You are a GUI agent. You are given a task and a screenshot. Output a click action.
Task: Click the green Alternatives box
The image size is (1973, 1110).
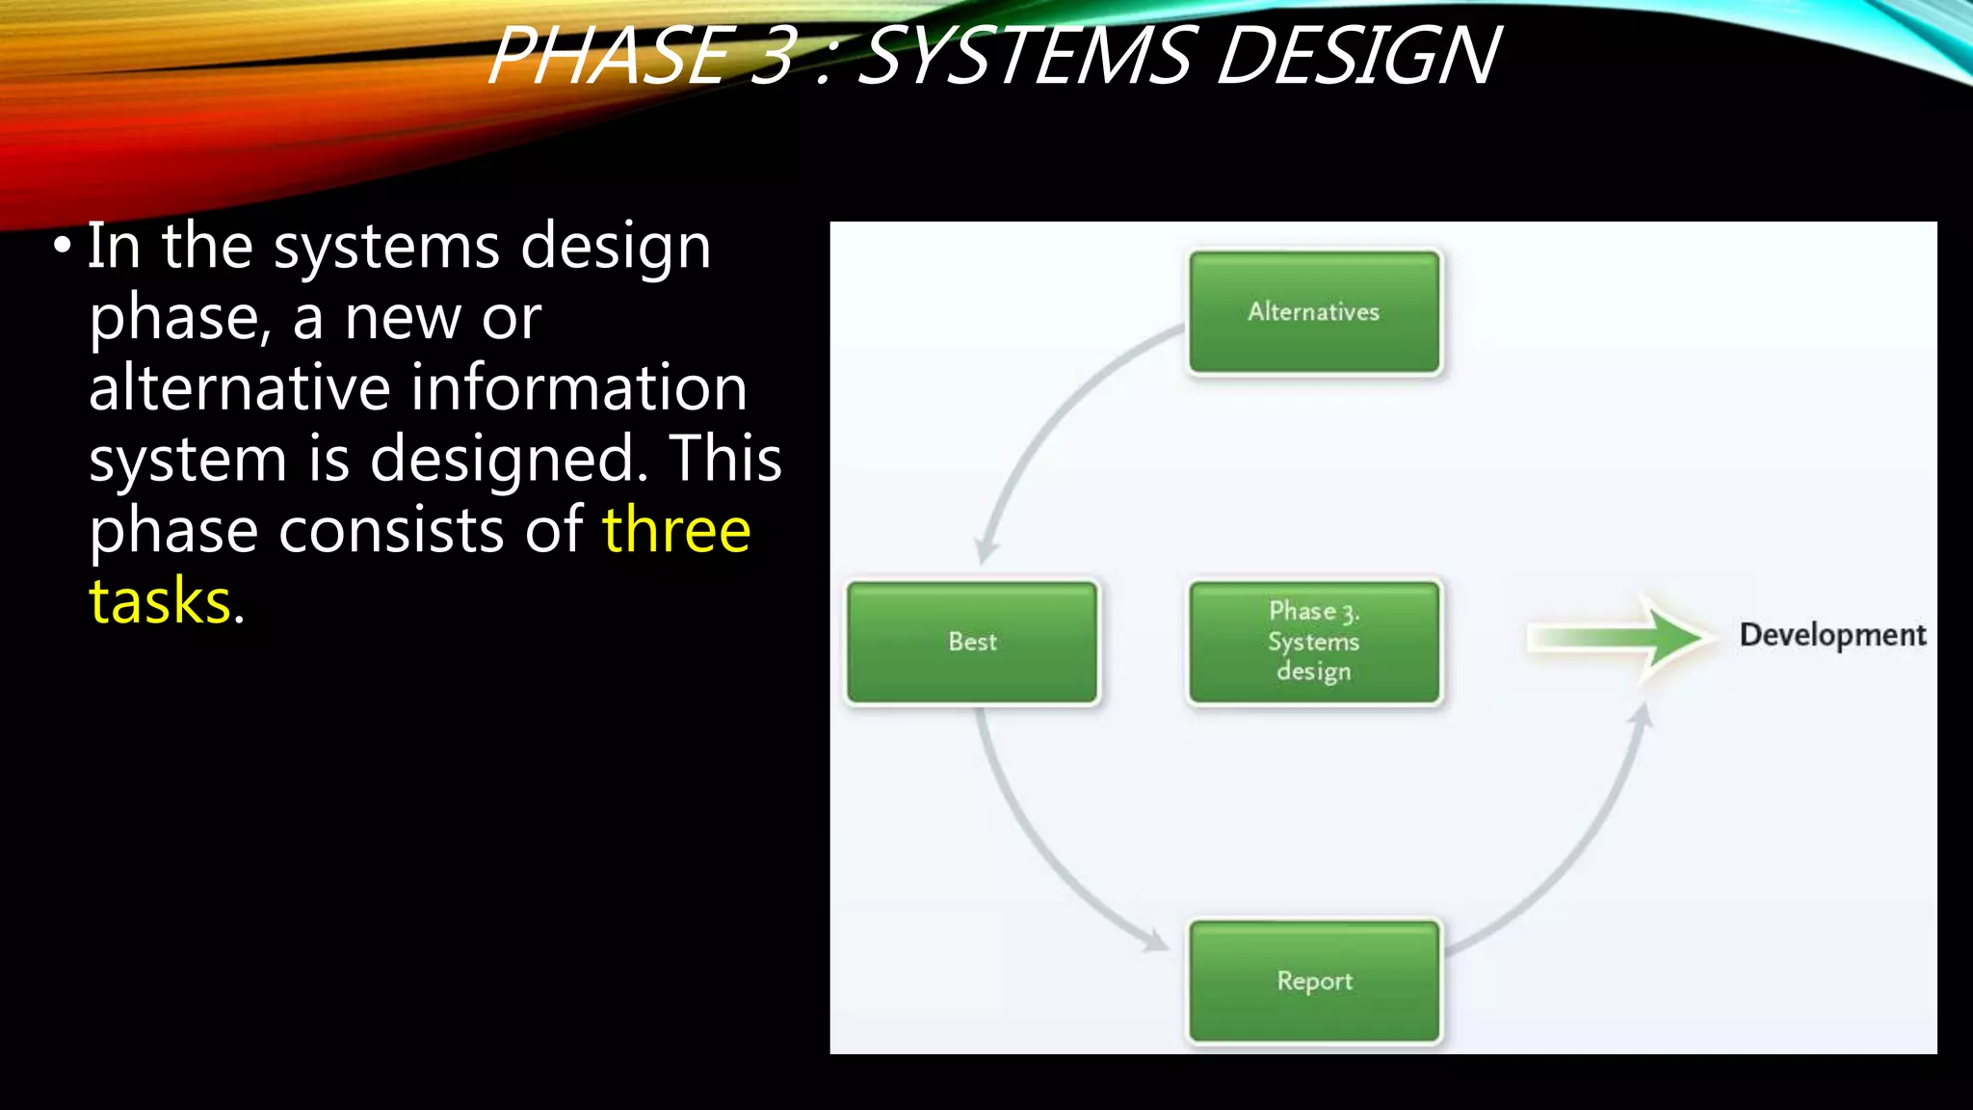(1314, 312)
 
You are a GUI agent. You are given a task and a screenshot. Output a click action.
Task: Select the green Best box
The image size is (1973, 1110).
(972, 642)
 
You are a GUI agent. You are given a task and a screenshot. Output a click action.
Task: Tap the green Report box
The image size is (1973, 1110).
(1314, 981)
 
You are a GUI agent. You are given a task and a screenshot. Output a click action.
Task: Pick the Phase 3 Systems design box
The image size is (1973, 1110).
(1314, 642)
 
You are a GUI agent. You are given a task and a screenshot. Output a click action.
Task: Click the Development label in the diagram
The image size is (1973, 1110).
(1832, 635)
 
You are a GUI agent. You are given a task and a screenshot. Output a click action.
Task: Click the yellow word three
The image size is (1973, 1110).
(676, 530)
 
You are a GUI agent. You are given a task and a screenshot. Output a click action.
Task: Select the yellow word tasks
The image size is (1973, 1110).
(160, 601)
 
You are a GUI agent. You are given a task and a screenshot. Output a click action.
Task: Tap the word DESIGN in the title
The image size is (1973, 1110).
(1358, 56)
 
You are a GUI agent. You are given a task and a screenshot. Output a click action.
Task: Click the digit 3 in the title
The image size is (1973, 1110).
(773, 56)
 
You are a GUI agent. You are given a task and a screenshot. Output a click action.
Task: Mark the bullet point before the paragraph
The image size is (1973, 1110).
(63, 246)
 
